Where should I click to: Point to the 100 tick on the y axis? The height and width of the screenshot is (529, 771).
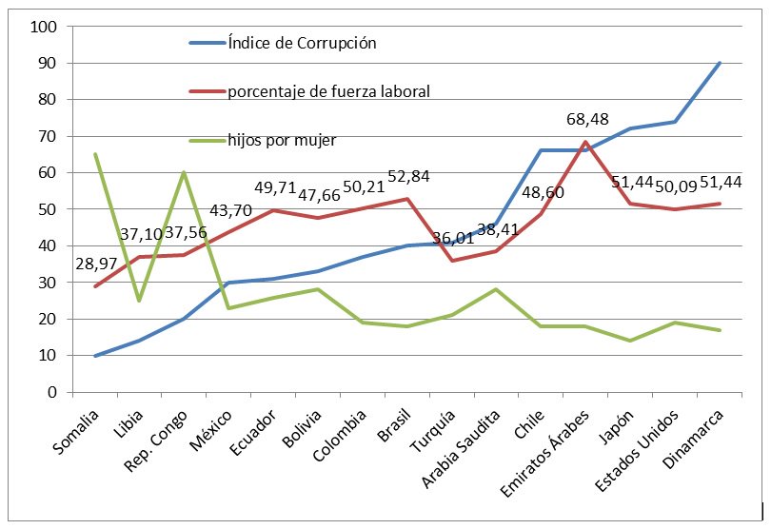pyautogui.click(x=44, y=27)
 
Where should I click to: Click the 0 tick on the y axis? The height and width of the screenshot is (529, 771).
pyautogui.click(x=52, y=392)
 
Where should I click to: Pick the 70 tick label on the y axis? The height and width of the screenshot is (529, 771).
pyautogui.click(x=49, y=136)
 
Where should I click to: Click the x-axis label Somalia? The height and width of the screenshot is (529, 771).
pyautogui.click(x=76, y=432)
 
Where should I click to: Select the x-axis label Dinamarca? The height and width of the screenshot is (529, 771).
pyautogui.click(x=693, y=439)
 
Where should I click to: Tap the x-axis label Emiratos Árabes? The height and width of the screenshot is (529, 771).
pyautogui.click(x=544, y=453)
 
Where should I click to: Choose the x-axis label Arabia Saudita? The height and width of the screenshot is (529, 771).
pyautogui.click(x=461, y=449)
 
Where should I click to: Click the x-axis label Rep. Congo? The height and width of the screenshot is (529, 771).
pyautogui.click(x=155, y=441)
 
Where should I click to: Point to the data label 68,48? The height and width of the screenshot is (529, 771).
pyautogui.click(x=587, y=119)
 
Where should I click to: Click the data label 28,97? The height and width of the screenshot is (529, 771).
pyautogui.click(x=96, y=264)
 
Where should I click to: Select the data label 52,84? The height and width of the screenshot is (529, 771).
pyautogui.click(x=408, y=176)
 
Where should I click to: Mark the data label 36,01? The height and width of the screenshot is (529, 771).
pyautogui.click(x=453, y=239)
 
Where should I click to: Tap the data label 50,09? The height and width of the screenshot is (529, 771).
pyautogui.click(x=676, y=186)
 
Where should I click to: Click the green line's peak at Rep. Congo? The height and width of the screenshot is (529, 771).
pyautogui.click(x=184, y=172)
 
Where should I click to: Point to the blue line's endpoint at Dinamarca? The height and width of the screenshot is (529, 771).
pyautogui.click(x=720, y=63)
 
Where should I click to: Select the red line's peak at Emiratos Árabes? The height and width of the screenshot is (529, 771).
pyautogui.click(x=585, y=142)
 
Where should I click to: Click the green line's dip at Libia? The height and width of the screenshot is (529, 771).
pyautogui.click(x=139, y=301)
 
